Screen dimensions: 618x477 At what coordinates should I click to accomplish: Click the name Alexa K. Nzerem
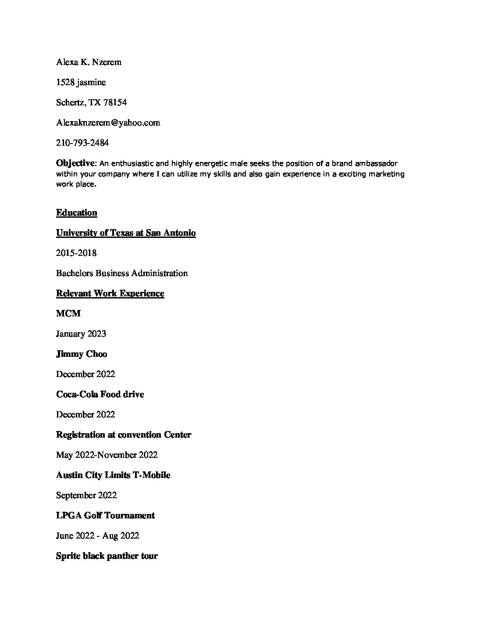click(89, 62)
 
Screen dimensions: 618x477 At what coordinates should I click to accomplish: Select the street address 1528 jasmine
click(81, 82)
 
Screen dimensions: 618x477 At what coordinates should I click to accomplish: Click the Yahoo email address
click(108, 122)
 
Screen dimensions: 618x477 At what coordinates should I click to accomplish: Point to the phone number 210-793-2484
click(82, 143)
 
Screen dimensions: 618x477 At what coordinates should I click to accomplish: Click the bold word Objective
click(75, 163)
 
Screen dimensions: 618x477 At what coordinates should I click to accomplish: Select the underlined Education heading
click(76, 213)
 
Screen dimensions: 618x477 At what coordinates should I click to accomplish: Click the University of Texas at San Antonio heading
click(126, 233)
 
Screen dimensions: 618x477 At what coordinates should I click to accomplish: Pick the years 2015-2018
click(76, 253)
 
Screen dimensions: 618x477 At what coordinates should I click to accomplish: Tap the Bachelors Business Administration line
click(122, 273)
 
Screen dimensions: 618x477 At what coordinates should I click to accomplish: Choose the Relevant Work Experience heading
click(110, 294)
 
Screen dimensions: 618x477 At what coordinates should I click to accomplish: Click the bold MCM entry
click(68, 314)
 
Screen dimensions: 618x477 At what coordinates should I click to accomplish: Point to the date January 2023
click(81, 334)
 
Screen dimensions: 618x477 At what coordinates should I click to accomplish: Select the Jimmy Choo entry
click(82, 354)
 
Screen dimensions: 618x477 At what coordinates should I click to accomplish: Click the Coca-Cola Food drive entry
click(100, 395)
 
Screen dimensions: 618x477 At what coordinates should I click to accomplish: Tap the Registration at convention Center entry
click(124, 435)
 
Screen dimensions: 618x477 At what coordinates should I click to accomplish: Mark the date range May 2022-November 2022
click(107, 455)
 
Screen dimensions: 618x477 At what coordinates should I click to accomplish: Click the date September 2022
click(86, 496)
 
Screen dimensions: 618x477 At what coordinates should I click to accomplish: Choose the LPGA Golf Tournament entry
click(105, 516)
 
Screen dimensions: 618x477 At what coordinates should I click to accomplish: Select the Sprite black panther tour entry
click(107, 556)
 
